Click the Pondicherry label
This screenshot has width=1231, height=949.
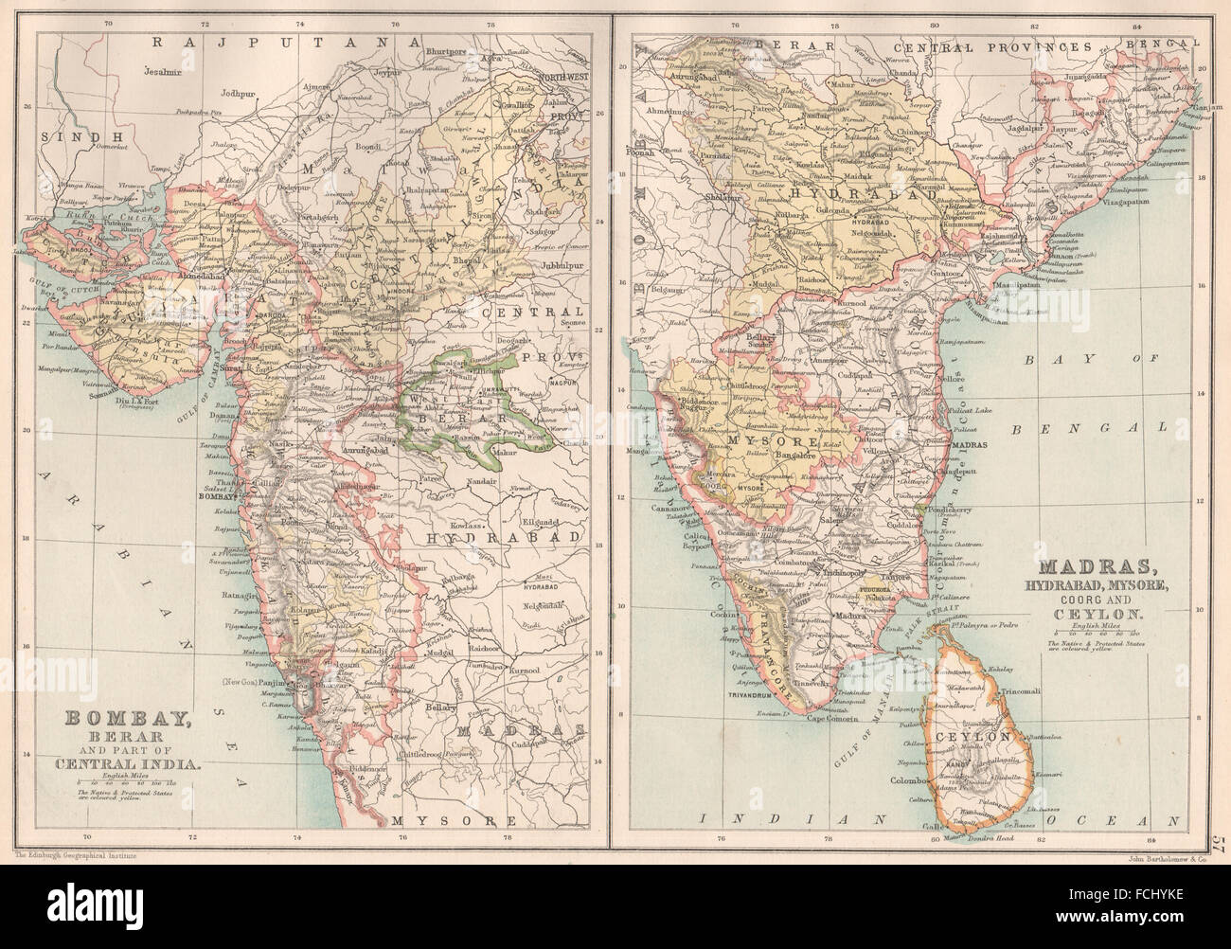pos(968,482)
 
